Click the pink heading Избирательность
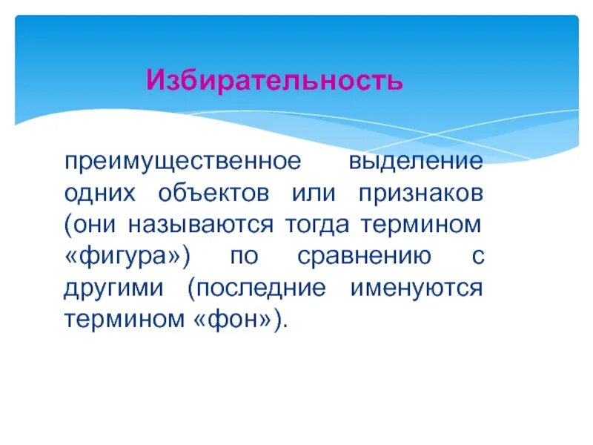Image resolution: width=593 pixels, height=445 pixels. (274, 79)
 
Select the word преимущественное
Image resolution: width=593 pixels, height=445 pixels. (183, 161)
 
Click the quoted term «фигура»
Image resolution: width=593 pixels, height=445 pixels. (128, 256)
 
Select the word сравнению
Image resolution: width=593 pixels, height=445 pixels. (364, 256)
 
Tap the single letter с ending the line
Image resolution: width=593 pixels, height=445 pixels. (477, 256)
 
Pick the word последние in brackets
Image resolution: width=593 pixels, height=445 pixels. (256, 288)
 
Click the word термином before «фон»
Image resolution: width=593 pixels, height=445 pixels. (124, 320)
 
